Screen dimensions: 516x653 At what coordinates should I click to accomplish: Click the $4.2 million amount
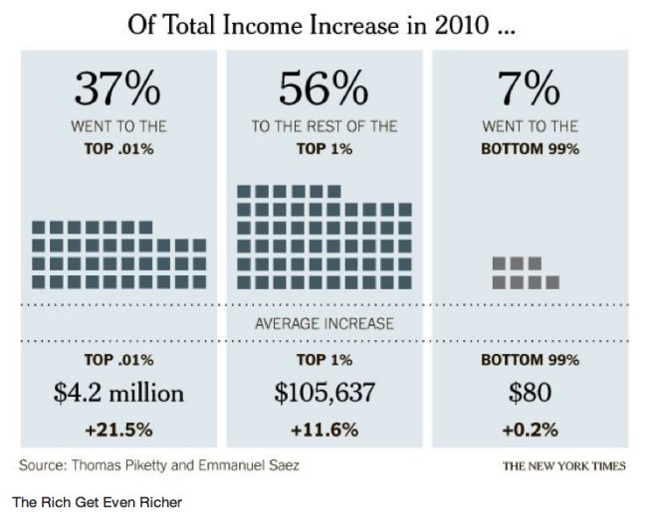[118, 393]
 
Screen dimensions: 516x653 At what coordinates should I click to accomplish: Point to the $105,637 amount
[325, 393]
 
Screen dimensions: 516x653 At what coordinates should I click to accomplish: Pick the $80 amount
[530, 393]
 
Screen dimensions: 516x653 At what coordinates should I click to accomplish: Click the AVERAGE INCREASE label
[325, 323]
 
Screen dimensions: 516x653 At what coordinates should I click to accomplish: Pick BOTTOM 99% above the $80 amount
[530, 359]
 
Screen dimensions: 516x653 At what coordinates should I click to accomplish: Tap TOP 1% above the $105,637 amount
[325, 359]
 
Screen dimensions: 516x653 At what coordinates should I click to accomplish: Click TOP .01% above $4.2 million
[118, 359]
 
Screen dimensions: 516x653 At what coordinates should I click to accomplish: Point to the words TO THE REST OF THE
[325, 126]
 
